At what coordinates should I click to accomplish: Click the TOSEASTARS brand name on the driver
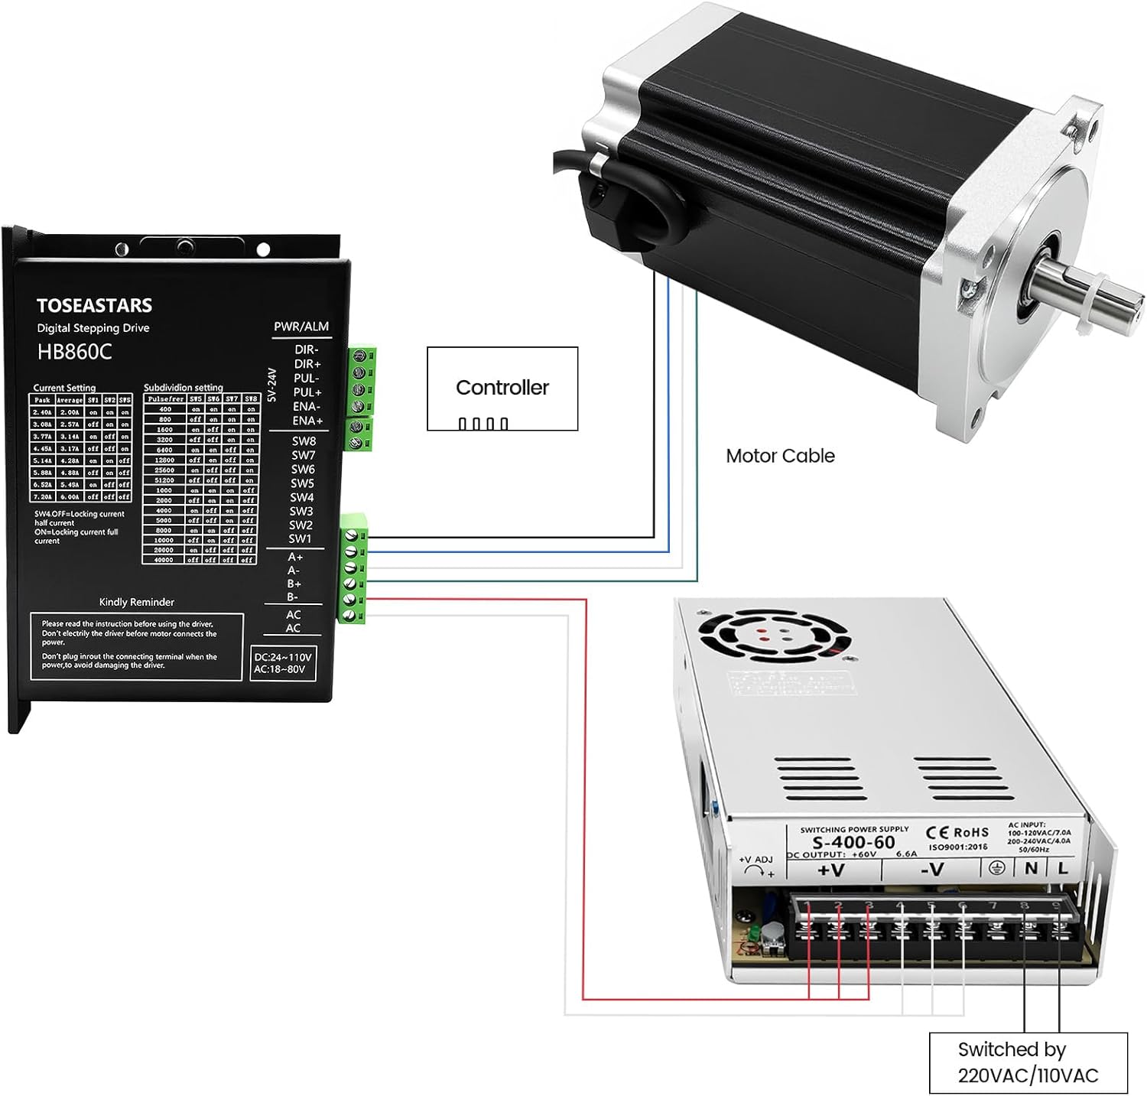click(x=94, y=305)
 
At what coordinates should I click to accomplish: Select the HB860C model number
click(x=74, y=352)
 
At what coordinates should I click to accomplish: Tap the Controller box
click(x=502, y=388)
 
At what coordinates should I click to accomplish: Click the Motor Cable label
click(x=779, y=456)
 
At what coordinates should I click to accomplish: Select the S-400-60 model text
click(x=853, y=842)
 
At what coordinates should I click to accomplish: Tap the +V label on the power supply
click(x=830, y=870)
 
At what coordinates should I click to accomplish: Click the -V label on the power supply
click(x=931, y=870)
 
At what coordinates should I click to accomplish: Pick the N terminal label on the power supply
click(x=1031, y=868)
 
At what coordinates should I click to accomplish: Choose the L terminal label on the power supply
click(x=1062, y=868)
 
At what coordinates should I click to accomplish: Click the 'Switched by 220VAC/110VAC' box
click(x=1028, y=1062)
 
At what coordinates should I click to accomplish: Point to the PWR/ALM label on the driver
click(x=301, y=327)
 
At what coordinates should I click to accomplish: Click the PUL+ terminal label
click(x=307, y=392)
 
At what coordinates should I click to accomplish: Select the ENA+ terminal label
click(x=307, y=421)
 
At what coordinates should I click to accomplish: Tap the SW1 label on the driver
click(x=300, y=538)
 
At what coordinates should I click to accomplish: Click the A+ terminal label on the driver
click(x=294, y=557)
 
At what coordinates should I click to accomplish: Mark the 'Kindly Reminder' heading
click(x=137, y=602)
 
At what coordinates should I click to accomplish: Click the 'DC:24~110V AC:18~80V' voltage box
click(x=282, y=663)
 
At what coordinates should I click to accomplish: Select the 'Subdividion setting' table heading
click(x=184, y=388)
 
